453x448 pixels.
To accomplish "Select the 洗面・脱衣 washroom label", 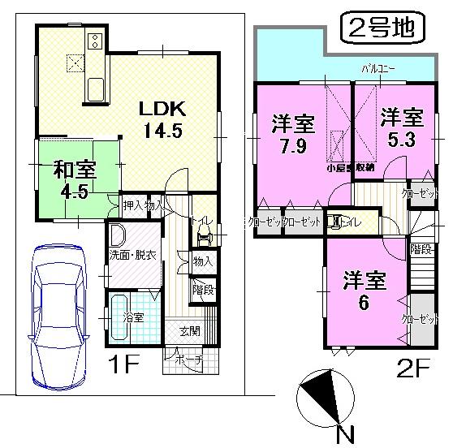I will (133, 255).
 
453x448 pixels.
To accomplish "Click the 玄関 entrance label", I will (192, 330).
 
